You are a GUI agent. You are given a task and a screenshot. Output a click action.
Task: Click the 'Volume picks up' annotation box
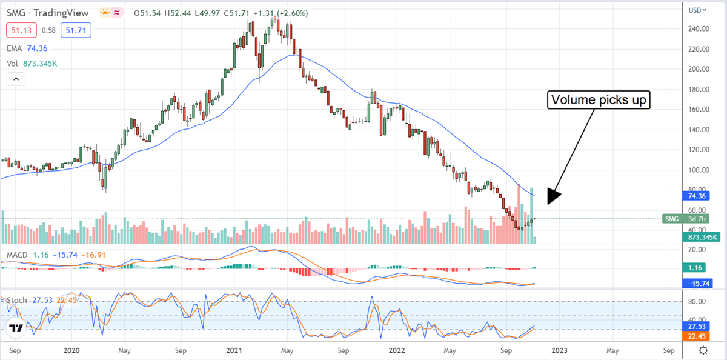click(599, 100)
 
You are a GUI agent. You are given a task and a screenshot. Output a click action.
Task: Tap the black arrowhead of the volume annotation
click(553, 196)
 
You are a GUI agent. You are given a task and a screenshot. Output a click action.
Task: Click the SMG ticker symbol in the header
click(16, 12)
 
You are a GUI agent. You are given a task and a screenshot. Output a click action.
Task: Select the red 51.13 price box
click(22, 30)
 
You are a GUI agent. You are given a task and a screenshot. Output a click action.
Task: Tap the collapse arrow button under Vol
click(16, 79)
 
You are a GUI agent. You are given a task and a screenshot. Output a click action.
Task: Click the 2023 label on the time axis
click(559, 350)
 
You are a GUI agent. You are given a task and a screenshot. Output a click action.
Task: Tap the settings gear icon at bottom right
click(703, 350)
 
